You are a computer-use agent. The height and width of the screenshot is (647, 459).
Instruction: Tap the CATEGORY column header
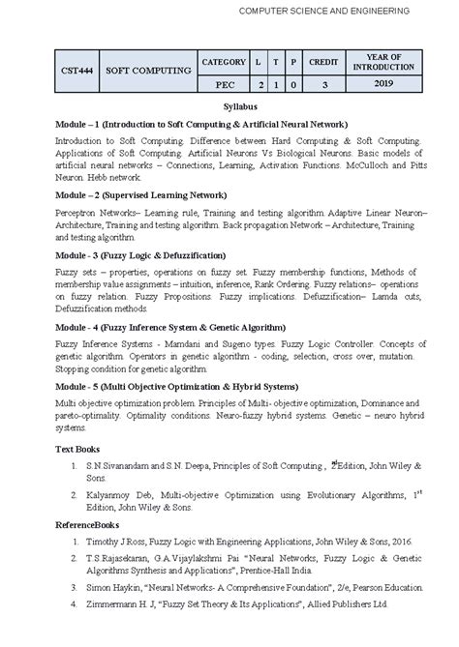pos(224,62)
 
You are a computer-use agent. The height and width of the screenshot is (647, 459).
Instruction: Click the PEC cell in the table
pos(224,83)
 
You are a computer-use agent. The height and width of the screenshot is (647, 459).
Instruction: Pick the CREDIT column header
pos(323,62)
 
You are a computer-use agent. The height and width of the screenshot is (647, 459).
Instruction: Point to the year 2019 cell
pos(384,83)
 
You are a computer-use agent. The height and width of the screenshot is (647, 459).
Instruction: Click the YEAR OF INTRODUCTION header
pos(384,61)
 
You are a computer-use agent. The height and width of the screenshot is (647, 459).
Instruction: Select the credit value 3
pos(323,83)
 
